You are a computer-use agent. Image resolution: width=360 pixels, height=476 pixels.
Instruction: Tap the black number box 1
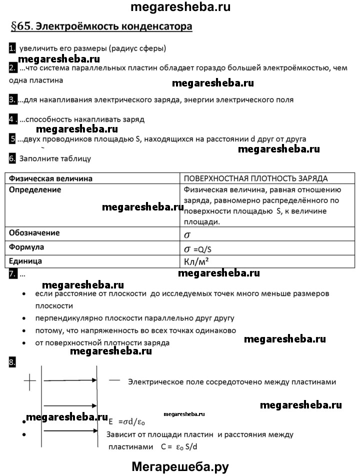point(12,48)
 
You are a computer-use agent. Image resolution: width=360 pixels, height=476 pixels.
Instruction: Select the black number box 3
point(12,99)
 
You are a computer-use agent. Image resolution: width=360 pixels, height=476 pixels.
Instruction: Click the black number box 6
point(12,158)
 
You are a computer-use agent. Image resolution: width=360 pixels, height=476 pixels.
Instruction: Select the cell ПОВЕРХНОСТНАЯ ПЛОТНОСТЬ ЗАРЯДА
point(255,178)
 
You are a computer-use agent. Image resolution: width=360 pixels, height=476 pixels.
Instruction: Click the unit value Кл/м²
point(197,261)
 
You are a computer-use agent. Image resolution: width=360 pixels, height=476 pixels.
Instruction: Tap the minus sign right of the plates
point(114,380)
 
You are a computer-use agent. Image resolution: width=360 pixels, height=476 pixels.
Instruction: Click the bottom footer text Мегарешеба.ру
point(180,466)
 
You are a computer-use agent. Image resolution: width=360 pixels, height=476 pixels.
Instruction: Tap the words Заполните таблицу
point(55,159)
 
